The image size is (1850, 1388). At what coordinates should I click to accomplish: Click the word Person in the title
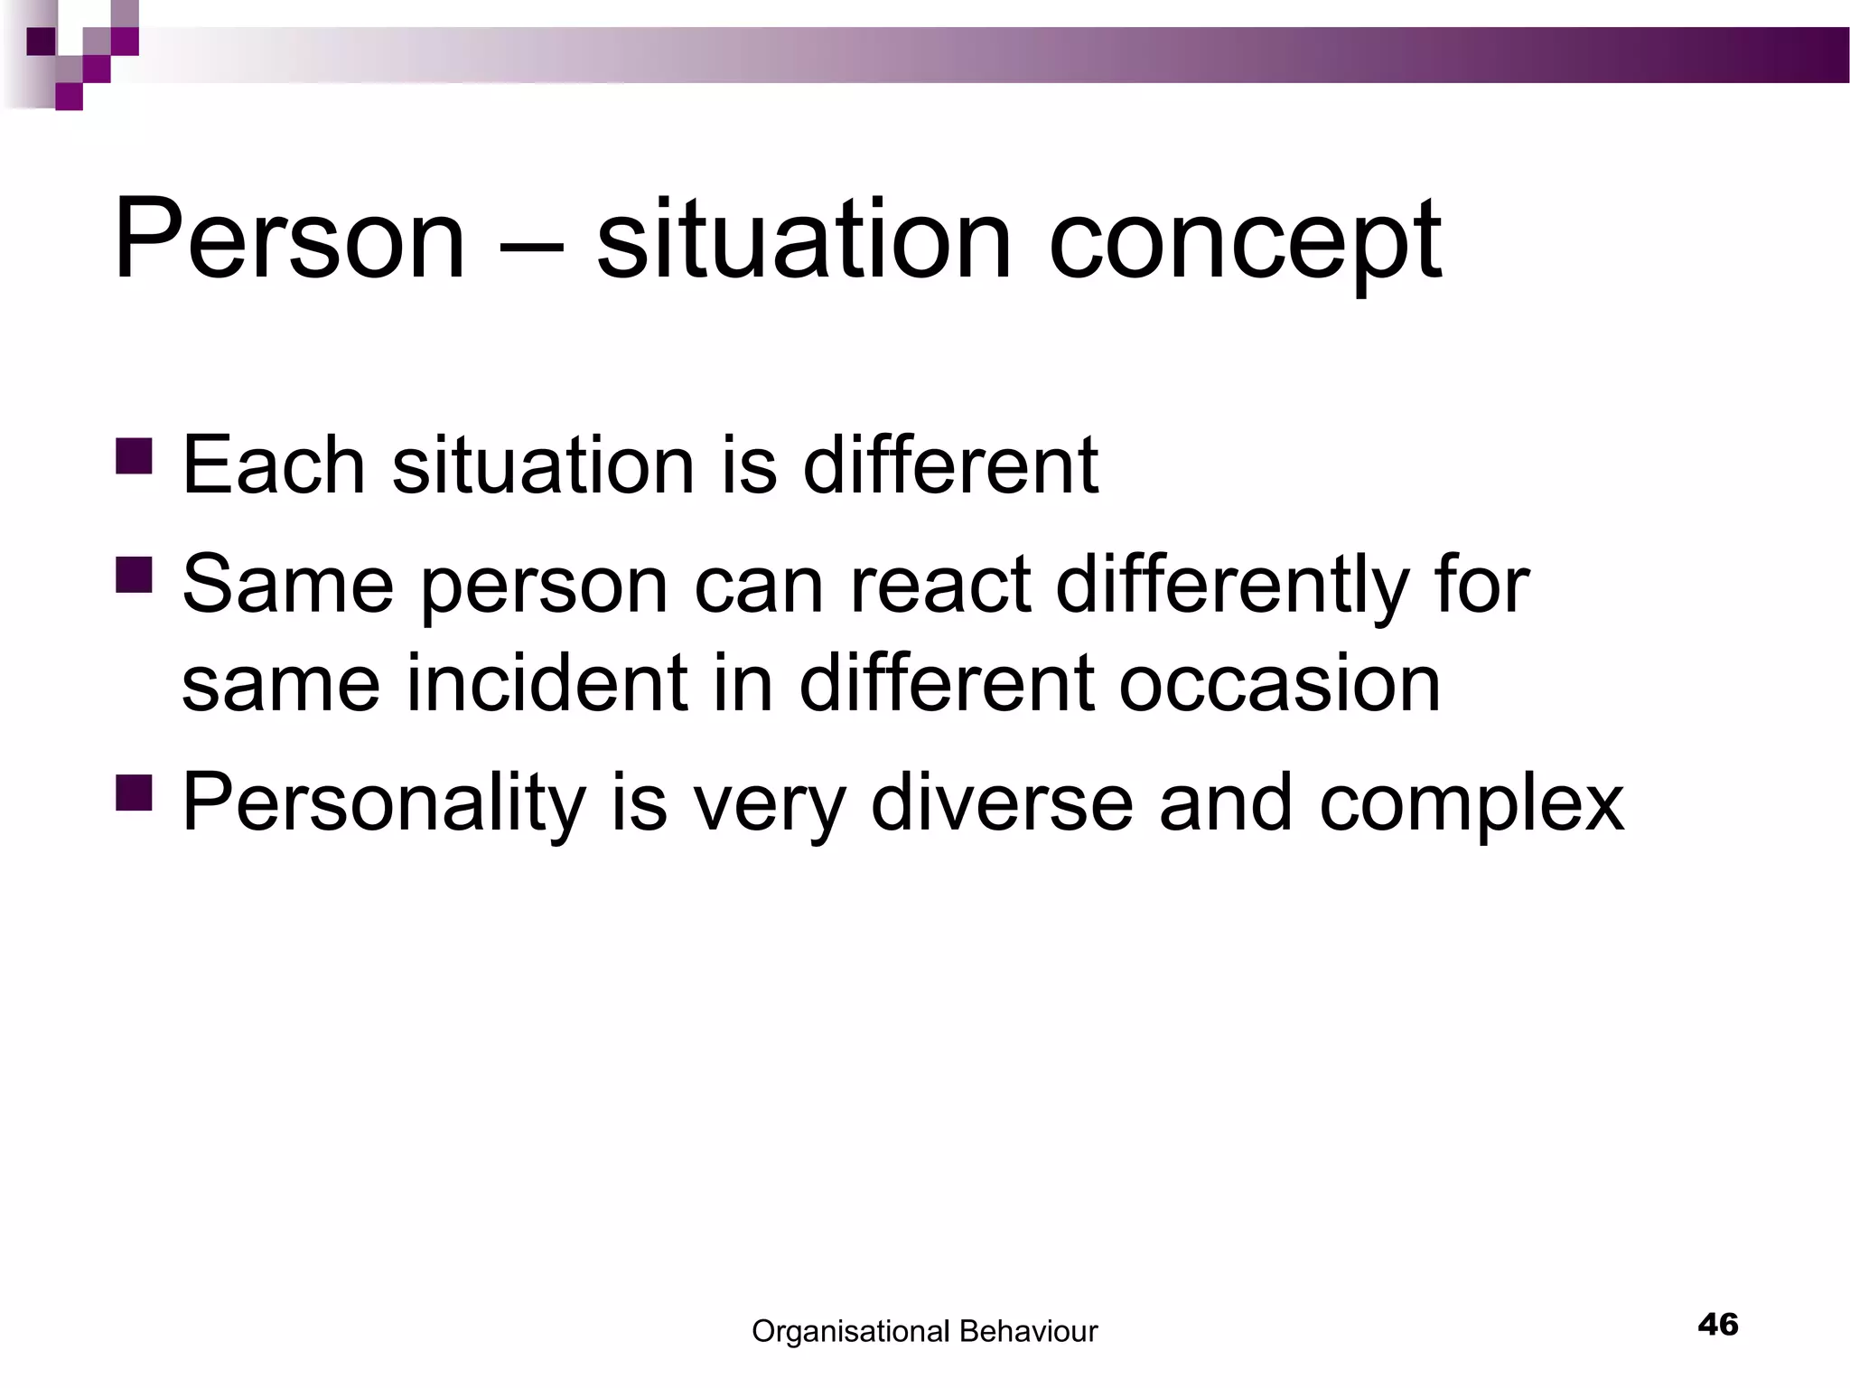click(x=288, y=239)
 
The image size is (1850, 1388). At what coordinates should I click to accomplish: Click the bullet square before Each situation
click(x=135, y=455)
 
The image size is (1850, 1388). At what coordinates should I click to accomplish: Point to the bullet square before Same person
click(x=135, y=575)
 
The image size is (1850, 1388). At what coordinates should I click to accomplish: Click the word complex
click(x=1471, y=804)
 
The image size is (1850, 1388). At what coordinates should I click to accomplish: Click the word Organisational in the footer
click(x=850, y=1331)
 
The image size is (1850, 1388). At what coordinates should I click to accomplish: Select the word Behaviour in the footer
click(x=1028, y=1331)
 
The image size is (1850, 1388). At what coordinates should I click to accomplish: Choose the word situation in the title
click(x=803, y=239)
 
